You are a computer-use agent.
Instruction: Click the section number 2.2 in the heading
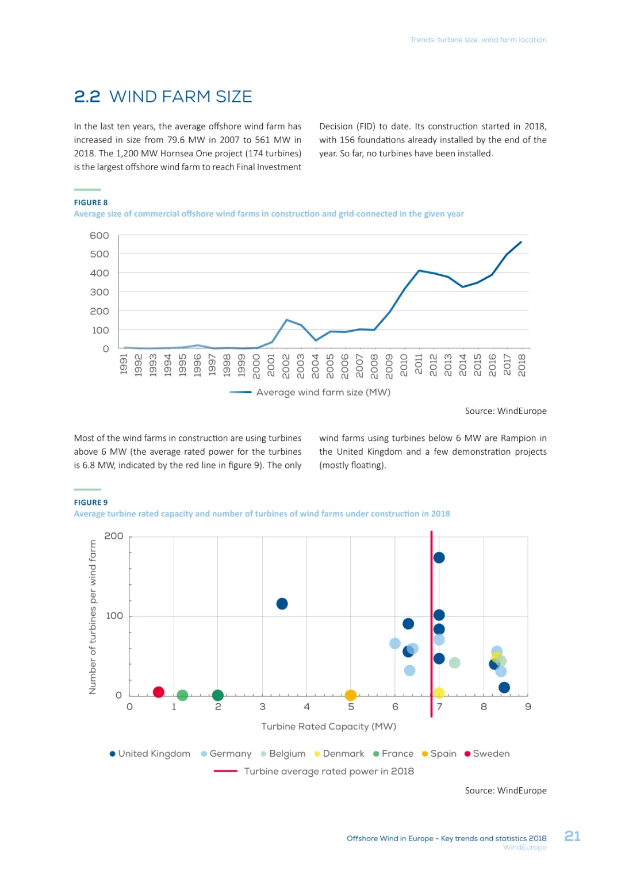(x=87, y=97)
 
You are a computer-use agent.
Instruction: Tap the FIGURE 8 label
(x=91, y=202)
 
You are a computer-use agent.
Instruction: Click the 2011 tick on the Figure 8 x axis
(x=419, y=365)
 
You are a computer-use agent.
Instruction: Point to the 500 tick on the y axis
(x=99, y=254)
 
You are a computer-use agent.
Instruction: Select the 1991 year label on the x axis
(x=124, y=365)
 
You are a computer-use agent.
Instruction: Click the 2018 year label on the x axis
(x=522, y=365)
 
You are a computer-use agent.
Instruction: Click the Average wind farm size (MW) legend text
(x=323, y=392)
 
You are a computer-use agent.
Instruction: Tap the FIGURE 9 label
(x=91, y=503)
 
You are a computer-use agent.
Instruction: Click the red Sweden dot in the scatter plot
(x=159, y=692)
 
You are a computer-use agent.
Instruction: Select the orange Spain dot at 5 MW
(x=351, y=695)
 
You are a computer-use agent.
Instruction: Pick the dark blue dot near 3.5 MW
(x=282, y=604)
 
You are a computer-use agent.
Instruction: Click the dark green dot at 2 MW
(x=218, y=695)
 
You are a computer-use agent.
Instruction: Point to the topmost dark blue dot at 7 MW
(x=439, y=558)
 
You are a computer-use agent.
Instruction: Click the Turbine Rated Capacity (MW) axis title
(x=329, y=726)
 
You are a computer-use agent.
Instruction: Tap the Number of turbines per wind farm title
(x=93, y=616)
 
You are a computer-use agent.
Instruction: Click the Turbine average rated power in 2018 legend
(x=329, y=771)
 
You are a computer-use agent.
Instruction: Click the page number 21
(x=572, y=836)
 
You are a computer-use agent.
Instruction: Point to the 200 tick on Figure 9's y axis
(x=114, y=536)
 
